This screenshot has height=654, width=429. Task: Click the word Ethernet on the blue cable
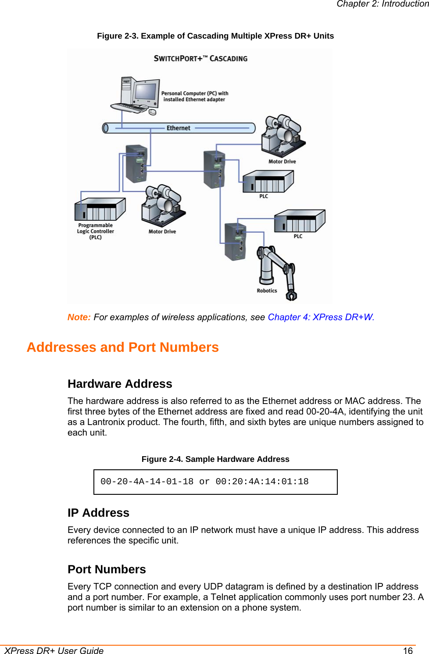click(178, 128)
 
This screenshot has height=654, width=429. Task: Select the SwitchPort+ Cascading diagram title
click(200, 58)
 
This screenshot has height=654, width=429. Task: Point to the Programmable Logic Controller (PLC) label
click(96, 231)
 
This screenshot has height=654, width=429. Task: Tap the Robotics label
click(267, 290)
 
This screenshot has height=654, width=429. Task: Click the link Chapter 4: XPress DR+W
click(321, 317)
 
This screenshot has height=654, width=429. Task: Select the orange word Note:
click(79, 317)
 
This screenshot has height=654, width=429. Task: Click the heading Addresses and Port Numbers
click(122, 347)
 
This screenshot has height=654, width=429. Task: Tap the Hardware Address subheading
click(120, 384)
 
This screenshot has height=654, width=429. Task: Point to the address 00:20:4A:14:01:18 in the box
click(262, 482)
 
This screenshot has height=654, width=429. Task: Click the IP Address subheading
click(98, 513)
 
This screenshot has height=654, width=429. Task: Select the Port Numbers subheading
click(107, 569)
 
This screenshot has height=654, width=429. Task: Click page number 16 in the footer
click(408, 650)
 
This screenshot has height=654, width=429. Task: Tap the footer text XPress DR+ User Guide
click(54, 650)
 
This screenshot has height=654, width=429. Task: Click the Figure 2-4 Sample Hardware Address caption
click(215, 459)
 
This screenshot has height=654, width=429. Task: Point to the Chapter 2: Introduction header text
click(382, 4)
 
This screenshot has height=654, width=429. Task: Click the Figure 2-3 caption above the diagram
click(215, 36)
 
